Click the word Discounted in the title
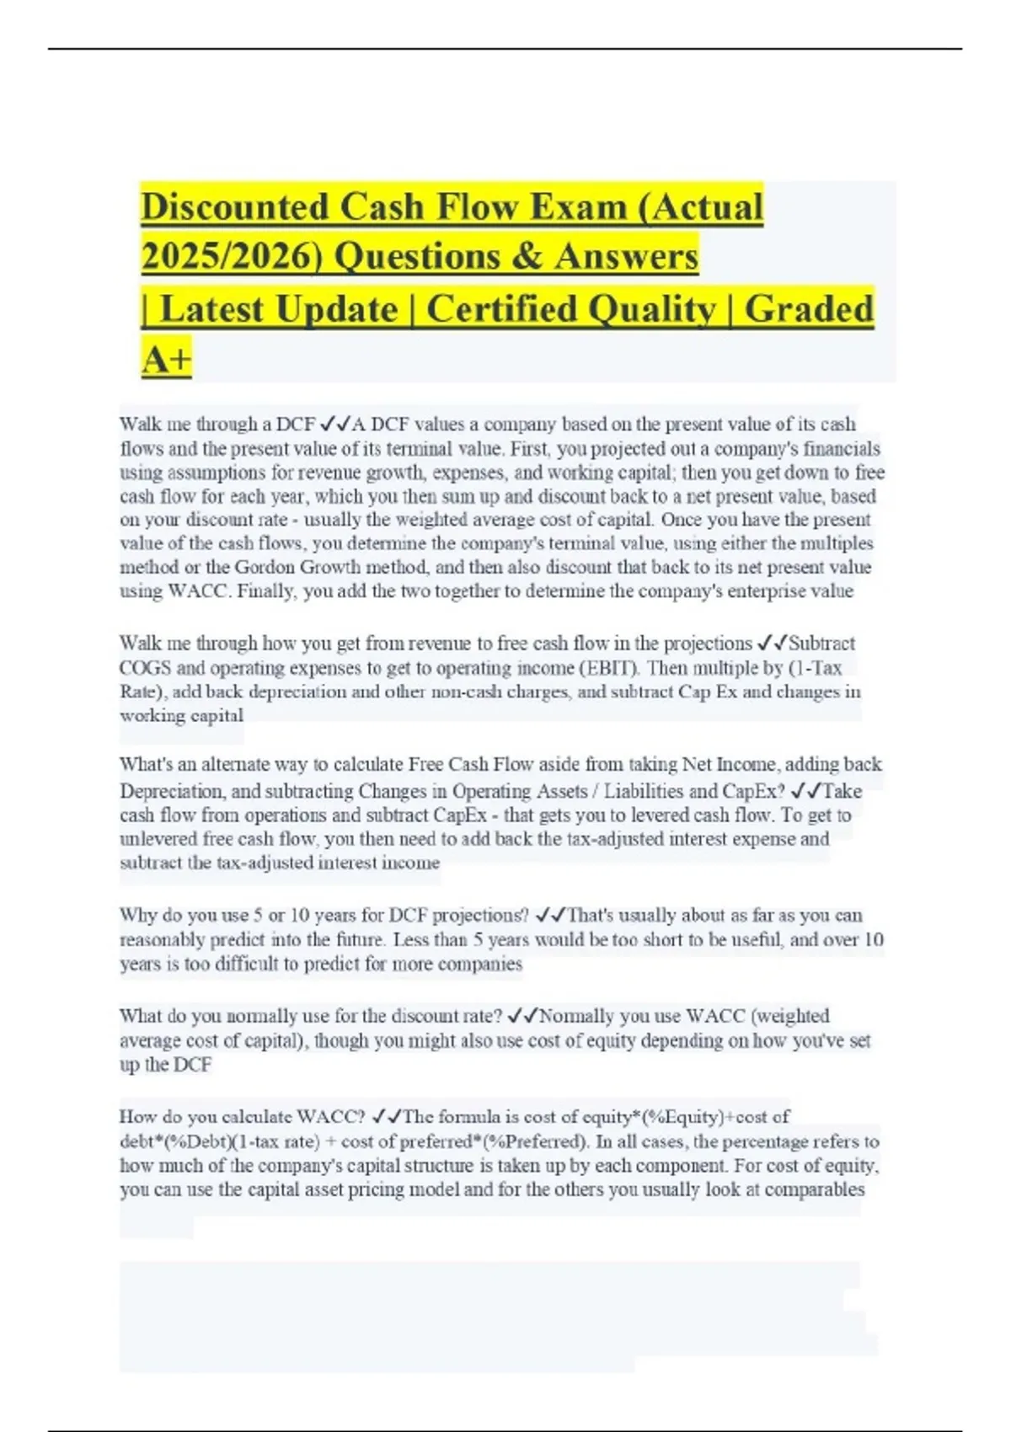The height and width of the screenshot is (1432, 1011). coord(234,207)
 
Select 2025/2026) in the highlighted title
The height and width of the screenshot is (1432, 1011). coord(232,256)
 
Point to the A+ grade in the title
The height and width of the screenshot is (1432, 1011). coord(167,360)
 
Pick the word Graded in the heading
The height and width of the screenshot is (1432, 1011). coord(808,308)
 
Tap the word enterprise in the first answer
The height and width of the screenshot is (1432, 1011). coord(765,590)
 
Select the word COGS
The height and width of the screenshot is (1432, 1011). coord(145,668)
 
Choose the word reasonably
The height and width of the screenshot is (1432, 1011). coord(162,939)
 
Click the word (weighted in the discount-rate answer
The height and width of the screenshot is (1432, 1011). coord(789,1016)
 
